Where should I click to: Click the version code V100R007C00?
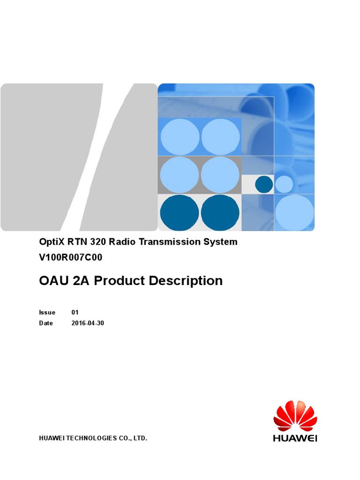[x=70, y=257]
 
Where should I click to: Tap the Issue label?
[x=47, y=312]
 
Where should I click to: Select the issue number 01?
[x=75, y=312]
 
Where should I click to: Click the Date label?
[x=46, y=323]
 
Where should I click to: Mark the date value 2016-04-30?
[x=88, y=323]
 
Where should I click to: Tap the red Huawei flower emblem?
[x=295, y=416]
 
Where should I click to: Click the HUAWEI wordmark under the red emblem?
[x=295, y=439]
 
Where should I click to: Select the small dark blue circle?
[x=264, y=184]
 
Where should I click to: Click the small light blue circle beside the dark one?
[x=284, y=184]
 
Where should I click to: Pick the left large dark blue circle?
[x=180, y=213]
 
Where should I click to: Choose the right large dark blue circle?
[x=220, y=213]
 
